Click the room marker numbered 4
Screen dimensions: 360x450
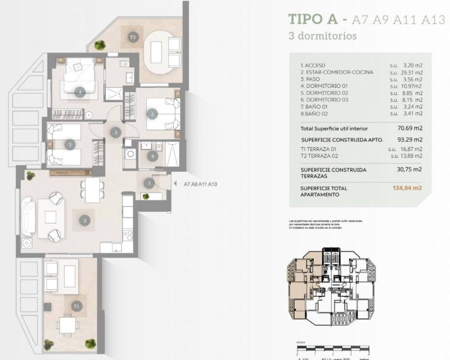coord(80,92)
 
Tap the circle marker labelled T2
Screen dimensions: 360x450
coord(133,37)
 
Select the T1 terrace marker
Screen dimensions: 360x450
coord(77,306)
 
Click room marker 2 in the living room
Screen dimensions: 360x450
coord(85,221)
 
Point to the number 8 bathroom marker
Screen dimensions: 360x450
coord(153,157)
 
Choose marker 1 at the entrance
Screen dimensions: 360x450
coord(149,183)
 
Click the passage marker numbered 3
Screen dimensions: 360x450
coord(116,133)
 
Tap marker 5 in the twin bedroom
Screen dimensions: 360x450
coord(70,144)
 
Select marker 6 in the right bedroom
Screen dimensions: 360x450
coord(153,114)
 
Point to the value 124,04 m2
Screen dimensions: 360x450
coord(407,188)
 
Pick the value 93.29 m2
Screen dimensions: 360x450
coord(410,140)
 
